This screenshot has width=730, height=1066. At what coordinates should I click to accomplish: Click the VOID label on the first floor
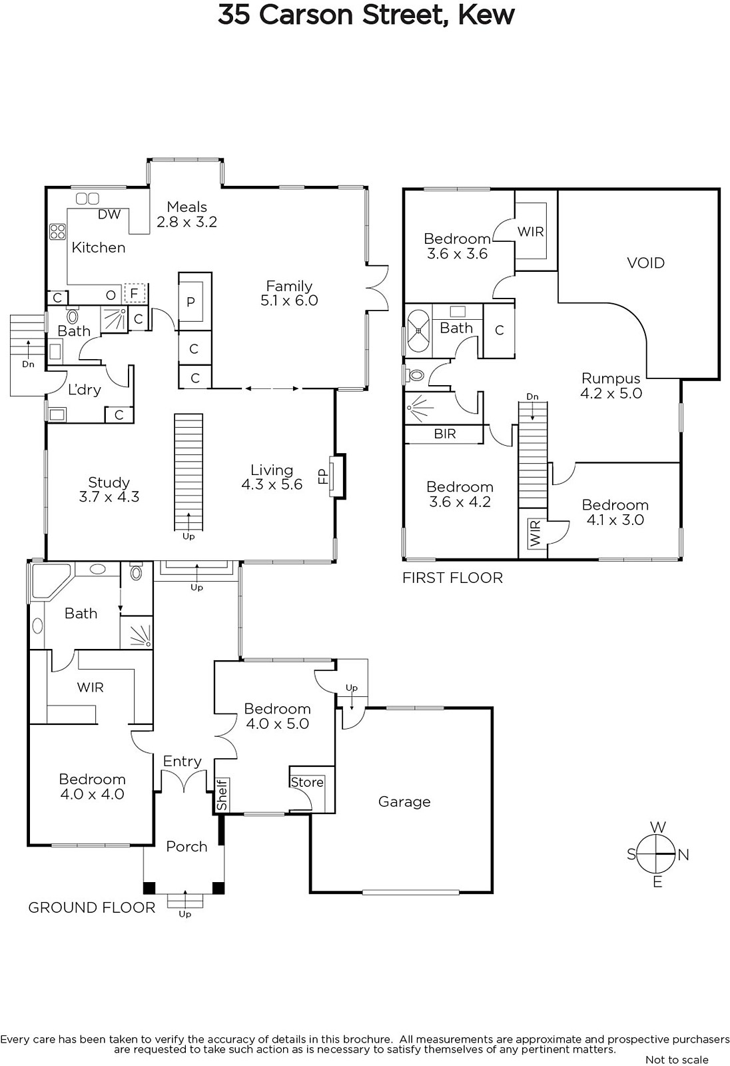(645, 263)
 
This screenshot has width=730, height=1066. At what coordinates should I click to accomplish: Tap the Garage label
(404, 802)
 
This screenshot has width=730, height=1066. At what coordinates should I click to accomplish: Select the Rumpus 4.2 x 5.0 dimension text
(611, 393)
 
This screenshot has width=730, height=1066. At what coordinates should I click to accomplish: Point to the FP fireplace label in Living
(323, 476)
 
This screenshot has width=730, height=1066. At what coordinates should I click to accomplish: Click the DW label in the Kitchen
(109, 214)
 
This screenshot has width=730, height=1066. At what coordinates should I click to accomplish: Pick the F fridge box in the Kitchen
(134, 293)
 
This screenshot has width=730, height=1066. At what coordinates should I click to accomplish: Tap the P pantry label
(191, 302)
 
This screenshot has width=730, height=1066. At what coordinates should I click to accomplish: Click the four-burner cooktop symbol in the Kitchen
(57, 232)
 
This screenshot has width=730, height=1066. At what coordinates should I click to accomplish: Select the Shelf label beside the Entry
(222, 794)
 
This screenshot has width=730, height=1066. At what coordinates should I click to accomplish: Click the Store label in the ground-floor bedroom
(307, 782)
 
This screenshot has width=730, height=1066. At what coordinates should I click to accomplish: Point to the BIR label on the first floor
(444, 434)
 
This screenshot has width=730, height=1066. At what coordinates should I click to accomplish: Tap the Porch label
(186, 847)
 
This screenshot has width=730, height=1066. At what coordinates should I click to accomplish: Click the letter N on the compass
(683, 855)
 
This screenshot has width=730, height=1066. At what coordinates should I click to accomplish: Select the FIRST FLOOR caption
(452, 578)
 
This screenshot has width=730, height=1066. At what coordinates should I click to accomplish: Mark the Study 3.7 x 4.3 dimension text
(109, 497)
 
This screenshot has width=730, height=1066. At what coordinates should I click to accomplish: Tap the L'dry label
(84, 390)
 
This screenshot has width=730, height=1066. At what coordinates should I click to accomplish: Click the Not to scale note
(677, 1060)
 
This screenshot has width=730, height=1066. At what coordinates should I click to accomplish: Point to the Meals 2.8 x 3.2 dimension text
(187, 222)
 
